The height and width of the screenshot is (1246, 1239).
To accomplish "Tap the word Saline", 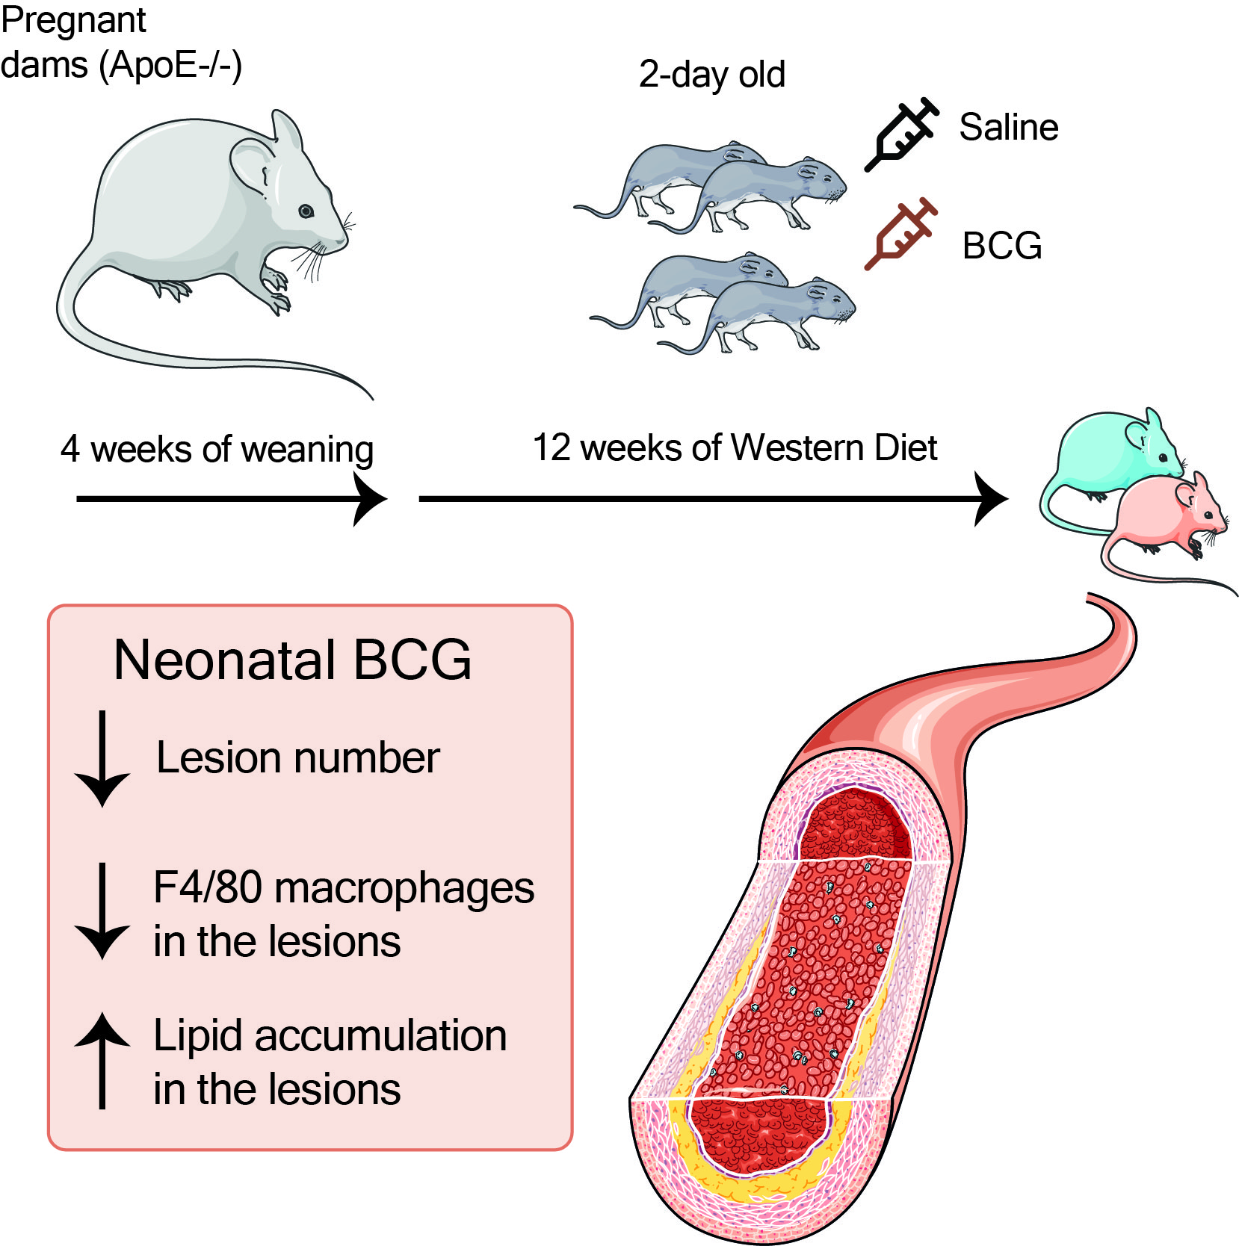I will tap(1008, 127).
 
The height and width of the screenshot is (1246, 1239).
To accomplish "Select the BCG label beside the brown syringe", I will tap(1001, 246).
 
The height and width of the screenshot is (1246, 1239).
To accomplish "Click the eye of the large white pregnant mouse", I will tap(306, 211).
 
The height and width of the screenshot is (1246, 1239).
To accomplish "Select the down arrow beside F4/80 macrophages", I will tap(102, 911).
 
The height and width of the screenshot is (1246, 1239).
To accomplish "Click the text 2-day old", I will tap(711, 75).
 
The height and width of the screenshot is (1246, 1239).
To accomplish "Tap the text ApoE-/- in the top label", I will tap(172, 65).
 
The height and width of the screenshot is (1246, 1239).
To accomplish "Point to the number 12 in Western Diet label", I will tap(551, 448).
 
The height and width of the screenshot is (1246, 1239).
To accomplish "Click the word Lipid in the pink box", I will tap(198, 1036).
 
